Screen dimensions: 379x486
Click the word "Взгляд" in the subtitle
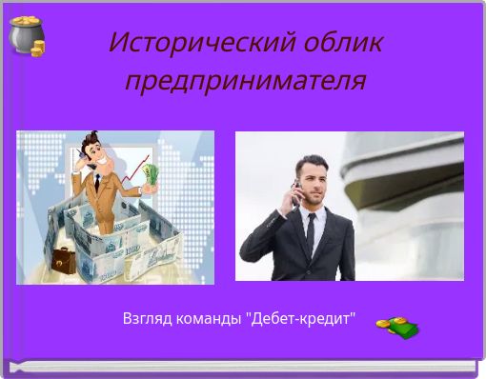pos(147,318)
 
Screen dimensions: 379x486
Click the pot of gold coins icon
pos(27,36)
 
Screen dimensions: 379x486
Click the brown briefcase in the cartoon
pos(64,257)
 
